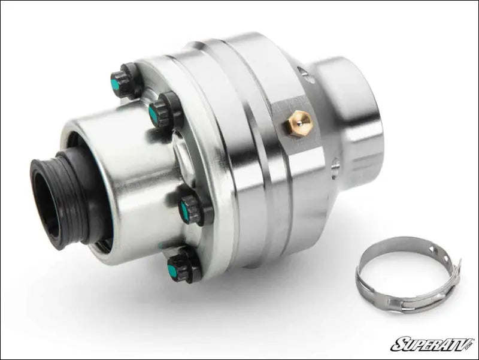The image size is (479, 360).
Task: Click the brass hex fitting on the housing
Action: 298,124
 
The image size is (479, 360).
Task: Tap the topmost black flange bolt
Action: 123,82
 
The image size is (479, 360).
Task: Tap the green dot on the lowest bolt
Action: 172,271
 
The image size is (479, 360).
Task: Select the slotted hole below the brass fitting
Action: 334,165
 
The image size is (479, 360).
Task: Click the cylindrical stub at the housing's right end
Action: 353,120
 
